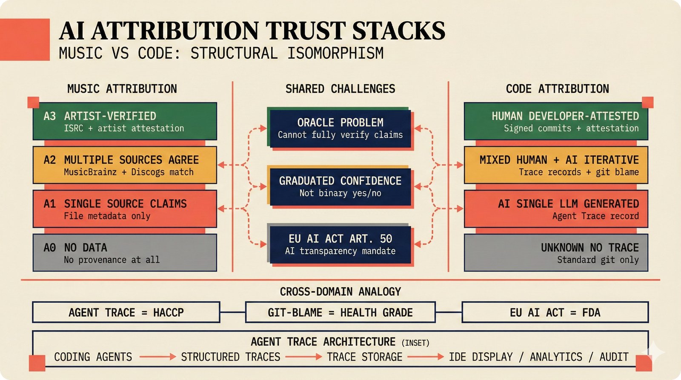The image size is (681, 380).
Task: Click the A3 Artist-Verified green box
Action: [125, 121]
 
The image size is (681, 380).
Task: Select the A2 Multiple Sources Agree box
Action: [125, 165]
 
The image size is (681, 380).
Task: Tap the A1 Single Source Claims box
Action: [125, 209]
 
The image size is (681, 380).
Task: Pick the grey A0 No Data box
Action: [125, 253]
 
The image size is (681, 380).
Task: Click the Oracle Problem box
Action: [340, 129]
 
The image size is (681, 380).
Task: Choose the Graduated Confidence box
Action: [340, 187]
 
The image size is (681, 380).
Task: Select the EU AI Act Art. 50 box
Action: [340, 244]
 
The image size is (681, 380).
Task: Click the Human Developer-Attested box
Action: [556, 121]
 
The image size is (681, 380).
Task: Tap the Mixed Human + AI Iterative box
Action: [556, 165]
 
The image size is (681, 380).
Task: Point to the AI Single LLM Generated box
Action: [556, 209]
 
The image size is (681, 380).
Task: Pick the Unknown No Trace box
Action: [556, 253]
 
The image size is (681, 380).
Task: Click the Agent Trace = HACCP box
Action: [126, 312]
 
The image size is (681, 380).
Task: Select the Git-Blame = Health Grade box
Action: [340, 312]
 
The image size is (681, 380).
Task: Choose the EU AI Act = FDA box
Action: [555, 312]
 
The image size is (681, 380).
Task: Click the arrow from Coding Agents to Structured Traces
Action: [157, 357]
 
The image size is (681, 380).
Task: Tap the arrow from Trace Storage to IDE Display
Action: [425, 357]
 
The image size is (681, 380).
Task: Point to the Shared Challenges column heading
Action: [340, 89]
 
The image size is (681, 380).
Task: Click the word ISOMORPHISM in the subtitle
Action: [335, 53]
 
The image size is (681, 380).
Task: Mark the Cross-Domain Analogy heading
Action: [340, 291]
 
